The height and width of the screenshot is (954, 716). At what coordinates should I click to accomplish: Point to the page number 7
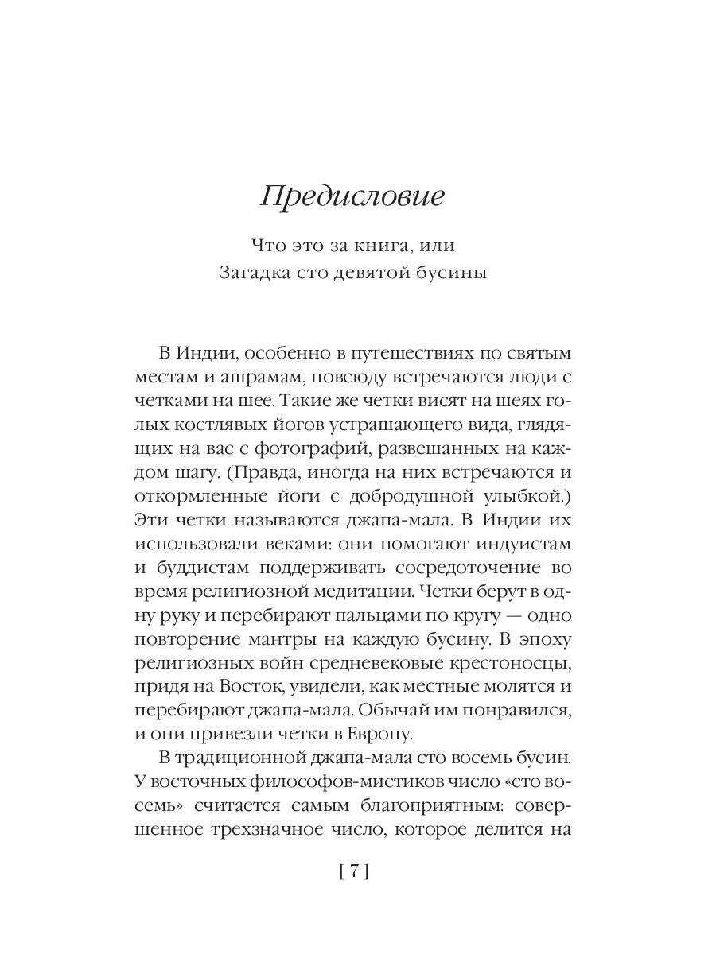[354, 872]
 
